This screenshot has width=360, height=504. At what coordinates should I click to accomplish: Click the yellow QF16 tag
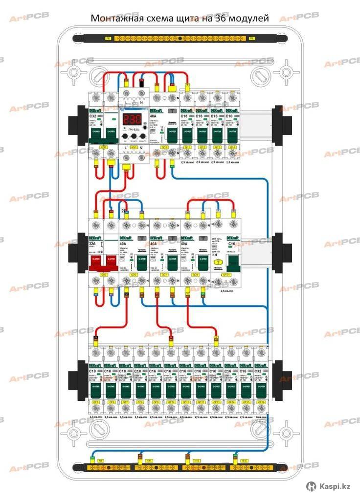click(x=260, y=402)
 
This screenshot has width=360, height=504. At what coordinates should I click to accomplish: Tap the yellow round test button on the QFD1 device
click(x=217, y=262)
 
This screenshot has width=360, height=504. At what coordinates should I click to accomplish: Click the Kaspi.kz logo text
click(x=335, y=486)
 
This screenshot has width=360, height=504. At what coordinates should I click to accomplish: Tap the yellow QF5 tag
click(x=95, y=402)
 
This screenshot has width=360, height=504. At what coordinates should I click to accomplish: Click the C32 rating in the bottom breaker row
click(x=260, y=371)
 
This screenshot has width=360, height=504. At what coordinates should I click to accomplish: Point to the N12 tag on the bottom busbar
click(x=196, y=461)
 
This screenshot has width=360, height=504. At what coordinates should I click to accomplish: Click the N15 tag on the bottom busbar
click(x=244, y=461)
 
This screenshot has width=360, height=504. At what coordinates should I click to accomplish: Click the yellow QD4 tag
click(x=195, y=275)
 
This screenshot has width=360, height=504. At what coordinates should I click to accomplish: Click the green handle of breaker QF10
click(x=170, y=389)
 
